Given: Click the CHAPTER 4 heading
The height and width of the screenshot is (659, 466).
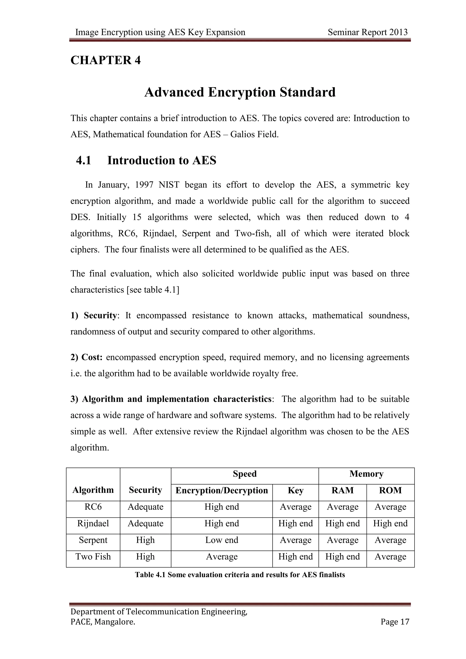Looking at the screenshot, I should click(106, 60).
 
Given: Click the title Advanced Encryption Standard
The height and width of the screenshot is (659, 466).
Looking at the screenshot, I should click(240, 92).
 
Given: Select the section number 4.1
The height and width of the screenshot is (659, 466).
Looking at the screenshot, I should click(83, 160).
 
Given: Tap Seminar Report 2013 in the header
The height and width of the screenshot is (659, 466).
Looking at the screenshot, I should click(367, 32).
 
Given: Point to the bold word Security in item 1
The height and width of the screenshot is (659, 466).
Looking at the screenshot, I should click(100, 315).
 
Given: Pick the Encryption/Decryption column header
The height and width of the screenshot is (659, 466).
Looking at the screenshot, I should click(222, 490).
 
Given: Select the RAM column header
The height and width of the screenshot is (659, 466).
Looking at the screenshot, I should click(342, 490).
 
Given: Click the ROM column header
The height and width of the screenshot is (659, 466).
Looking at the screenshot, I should click(390, 490).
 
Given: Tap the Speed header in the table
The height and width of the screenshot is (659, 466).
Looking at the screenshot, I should click(244, 474).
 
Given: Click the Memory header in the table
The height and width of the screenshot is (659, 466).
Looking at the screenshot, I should click(366, 474).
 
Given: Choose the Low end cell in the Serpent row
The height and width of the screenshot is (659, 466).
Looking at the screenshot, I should click(222, 540).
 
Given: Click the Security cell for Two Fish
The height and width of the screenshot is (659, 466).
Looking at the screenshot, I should click(145, 557).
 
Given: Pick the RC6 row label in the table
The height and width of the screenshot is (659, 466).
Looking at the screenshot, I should click(93, 507).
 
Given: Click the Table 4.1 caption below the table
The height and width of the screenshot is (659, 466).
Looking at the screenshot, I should click(240, 575).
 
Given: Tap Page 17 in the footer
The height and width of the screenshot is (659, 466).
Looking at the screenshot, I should click(395, 622).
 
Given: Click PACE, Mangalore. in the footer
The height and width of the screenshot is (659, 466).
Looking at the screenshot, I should click(103, 622).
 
